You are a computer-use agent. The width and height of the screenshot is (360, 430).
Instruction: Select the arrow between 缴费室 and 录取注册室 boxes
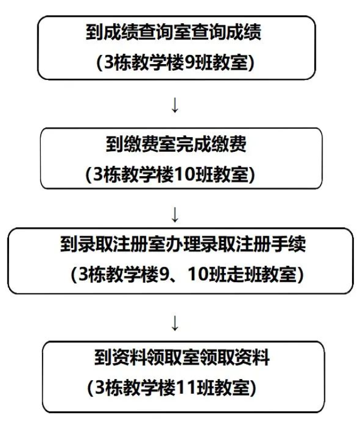pos(175,215)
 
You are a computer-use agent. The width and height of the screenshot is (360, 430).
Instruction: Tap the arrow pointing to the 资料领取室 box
pos(175,323)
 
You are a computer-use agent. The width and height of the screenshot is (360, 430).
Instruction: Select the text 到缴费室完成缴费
pos(175,144)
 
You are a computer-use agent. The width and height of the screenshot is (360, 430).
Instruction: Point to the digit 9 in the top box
pos(191,63)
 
